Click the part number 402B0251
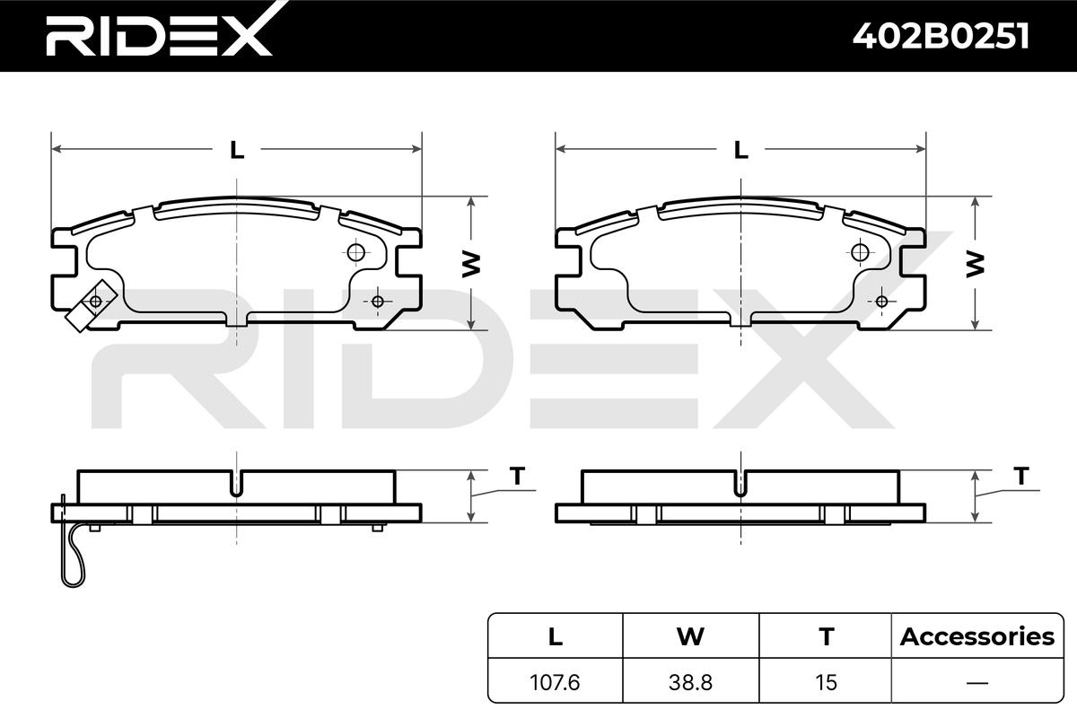(941, 36)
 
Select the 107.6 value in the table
(555, 682)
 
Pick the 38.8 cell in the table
(690, 682)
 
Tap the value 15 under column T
(826, 682)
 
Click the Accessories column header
(977, 636)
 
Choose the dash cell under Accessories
(977, 683)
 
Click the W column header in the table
(690, 636)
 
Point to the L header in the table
(556, 636)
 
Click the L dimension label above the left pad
(237, 150)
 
